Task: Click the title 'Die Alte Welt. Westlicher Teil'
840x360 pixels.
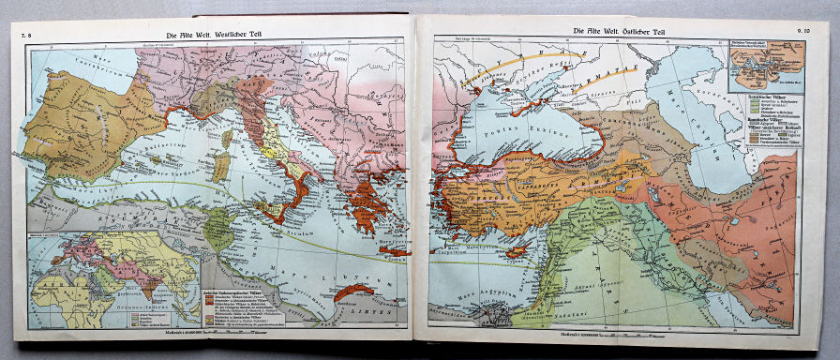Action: click(217, 33)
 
